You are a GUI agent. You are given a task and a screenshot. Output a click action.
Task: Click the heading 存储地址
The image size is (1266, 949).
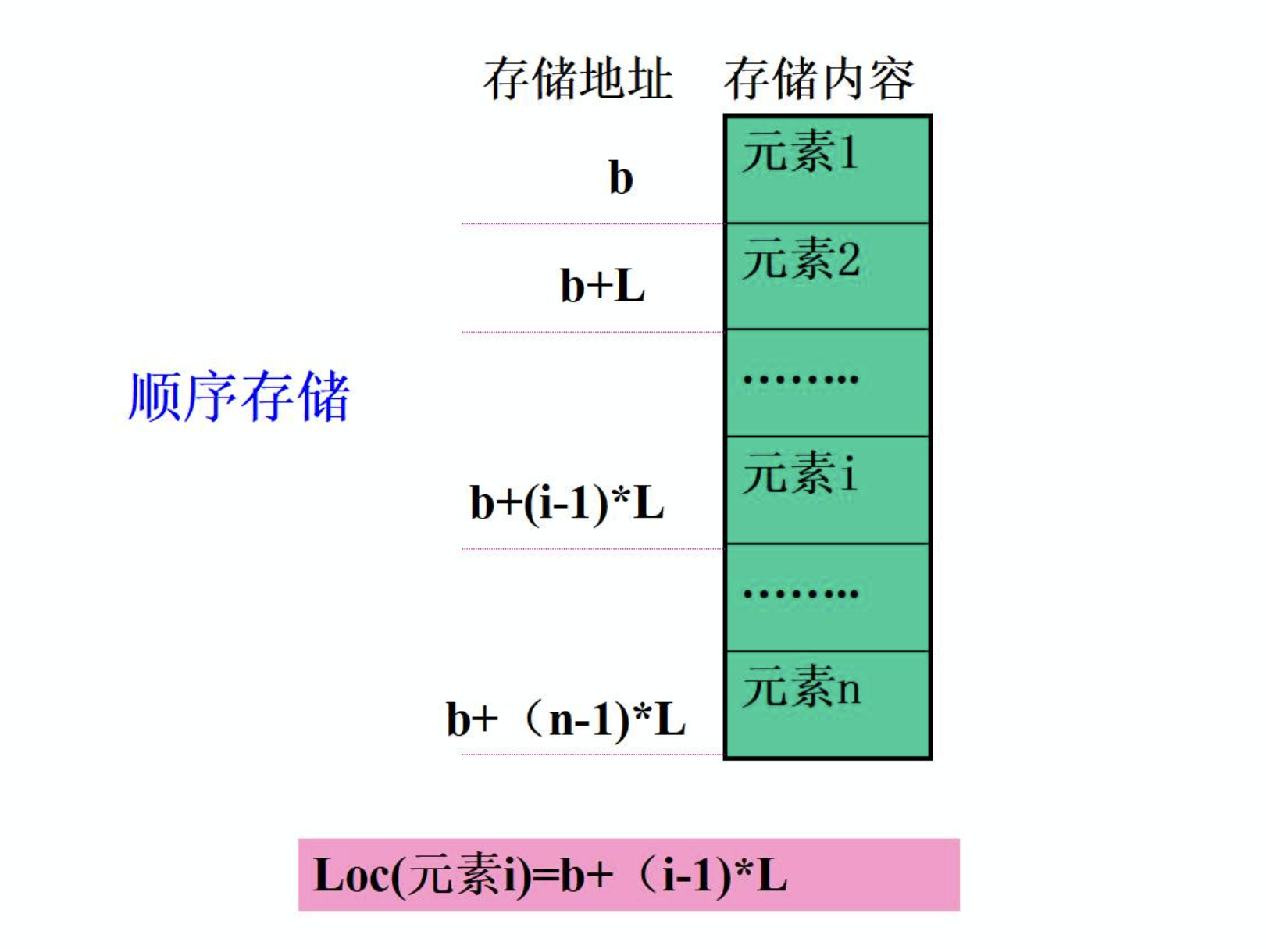577,79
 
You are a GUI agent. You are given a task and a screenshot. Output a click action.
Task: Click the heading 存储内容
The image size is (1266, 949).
818,79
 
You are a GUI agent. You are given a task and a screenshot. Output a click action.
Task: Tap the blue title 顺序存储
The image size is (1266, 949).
238,397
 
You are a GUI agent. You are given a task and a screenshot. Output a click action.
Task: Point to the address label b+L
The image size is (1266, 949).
602,286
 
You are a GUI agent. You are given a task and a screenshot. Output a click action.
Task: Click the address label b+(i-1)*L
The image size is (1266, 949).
566,502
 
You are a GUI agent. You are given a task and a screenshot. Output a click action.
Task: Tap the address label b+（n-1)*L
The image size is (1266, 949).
565,719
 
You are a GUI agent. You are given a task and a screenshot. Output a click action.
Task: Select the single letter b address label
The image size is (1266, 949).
621,178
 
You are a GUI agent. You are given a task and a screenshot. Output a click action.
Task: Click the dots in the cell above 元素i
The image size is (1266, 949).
801,380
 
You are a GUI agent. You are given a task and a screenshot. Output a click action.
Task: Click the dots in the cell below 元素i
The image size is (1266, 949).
801,594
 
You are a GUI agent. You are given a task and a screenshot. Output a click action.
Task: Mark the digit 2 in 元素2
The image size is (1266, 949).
848,259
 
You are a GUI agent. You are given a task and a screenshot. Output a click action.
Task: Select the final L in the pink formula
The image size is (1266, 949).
771,876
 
